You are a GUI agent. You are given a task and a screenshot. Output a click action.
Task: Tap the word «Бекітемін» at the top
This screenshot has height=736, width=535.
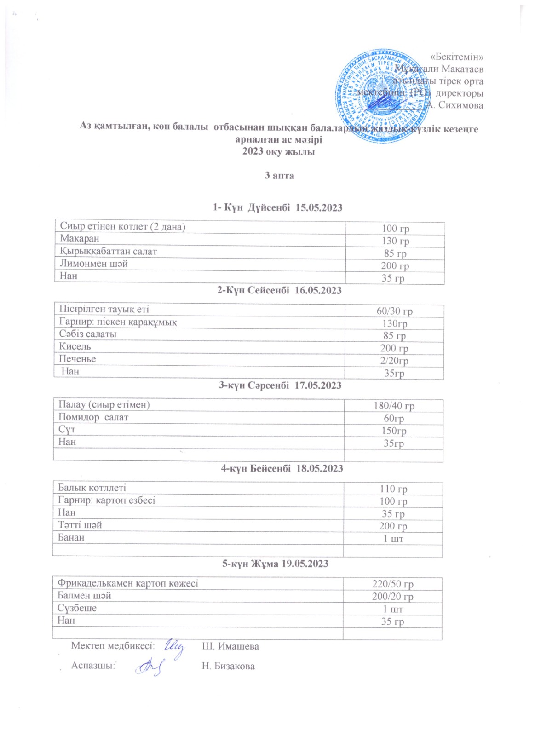point(456,57)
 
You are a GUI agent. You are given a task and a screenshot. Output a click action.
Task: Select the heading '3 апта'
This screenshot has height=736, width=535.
point(279,175)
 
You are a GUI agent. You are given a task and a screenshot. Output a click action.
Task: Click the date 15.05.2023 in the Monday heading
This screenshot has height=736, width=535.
point(319,207)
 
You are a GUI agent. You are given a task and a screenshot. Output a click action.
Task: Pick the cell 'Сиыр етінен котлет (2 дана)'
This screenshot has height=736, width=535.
point(122,226)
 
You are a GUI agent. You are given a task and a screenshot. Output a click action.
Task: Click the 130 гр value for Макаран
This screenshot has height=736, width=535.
point(395,241)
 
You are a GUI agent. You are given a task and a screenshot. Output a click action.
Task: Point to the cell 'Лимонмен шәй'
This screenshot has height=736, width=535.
point(94,264)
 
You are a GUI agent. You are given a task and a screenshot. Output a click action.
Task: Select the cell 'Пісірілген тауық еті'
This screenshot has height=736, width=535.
point(104,309)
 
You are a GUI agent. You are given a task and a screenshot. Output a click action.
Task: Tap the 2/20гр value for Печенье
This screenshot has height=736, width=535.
point(394,361)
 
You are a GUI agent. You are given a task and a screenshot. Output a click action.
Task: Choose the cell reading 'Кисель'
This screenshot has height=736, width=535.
point(75,346)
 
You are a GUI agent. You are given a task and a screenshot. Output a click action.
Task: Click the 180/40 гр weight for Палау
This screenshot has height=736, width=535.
point(394,406)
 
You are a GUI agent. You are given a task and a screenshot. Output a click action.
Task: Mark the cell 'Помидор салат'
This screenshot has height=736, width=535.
point(93,417)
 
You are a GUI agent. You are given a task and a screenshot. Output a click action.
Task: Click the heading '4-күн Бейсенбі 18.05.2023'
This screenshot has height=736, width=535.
point(282,468)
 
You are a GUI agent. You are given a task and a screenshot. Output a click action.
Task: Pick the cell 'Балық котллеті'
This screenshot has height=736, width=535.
point(92,488)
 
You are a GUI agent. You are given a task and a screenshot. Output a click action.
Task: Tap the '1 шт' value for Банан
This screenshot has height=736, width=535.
point(393,538)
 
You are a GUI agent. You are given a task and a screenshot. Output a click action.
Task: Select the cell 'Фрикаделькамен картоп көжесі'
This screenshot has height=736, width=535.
point(128,583)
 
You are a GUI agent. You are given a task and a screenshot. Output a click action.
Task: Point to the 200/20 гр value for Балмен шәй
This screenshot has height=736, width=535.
point(393,596)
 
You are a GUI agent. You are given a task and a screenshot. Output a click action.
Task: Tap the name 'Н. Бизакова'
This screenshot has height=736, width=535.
point(228,666)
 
